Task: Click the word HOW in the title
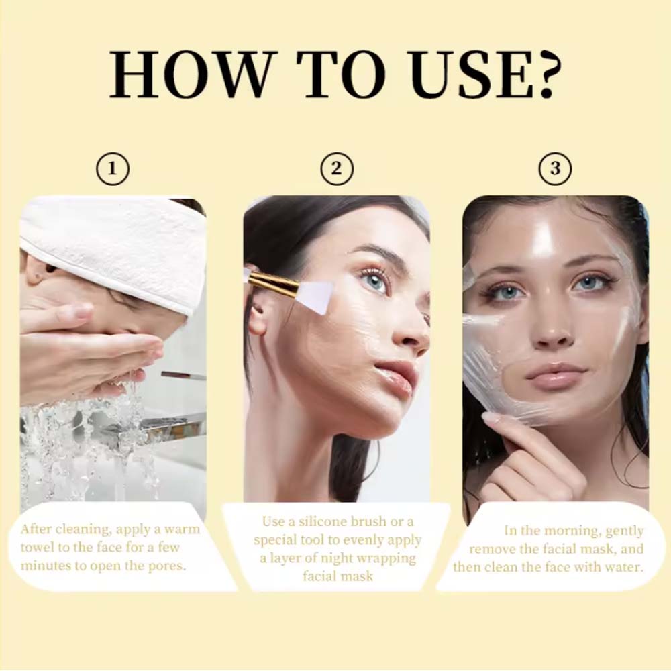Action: (x=190, y=74)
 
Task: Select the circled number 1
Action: (x=113, y=168)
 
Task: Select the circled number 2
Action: (x=338, y=168)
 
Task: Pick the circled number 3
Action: (x=555, y=168)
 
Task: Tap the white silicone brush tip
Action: (x=316, y=297)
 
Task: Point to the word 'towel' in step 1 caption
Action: (x=36, y=548)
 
